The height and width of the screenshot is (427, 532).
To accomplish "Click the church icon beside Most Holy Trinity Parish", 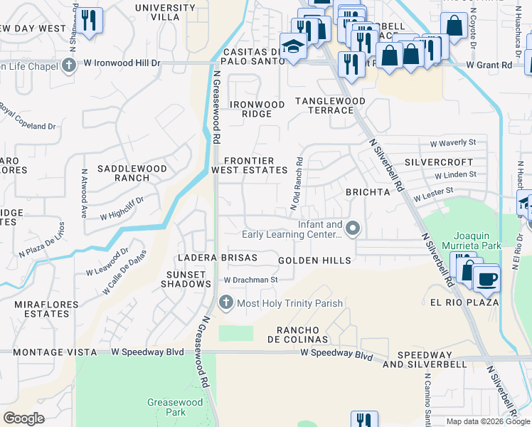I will click(x=226, y=303).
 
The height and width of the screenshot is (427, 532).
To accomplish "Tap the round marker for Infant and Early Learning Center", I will click(x=353, y=228).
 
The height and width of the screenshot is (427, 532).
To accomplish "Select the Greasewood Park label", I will click(x=166, y=407).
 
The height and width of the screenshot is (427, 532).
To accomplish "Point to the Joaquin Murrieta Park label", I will click(x=477, y=240).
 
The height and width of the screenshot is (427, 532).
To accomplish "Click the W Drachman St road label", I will click(x=250, y=280).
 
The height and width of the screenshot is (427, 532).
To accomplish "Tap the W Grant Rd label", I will click(x=489, y=65).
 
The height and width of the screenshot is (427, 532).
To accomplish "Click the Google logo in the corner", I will click(x=23, y=418).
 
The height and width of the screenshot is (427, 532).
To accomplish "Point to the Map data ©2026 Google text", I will click(x=487, y=421).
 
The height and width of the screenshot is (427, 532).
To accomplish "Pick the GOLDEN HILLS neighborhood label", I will click(x=314, y=260).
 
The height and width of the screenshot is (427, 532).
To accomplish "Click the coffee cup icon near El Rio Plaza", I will click(x=486, y=278).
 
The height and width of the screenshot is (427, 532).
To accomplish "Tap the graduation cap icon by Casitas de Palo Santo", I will click(x=292, y=46).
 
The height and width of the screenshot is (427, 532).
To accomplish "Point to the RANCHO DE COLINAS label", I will click(x=302, y=334).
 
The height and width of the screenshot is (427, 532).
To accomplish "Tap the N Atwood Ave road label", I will click(x=84, y=192).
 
